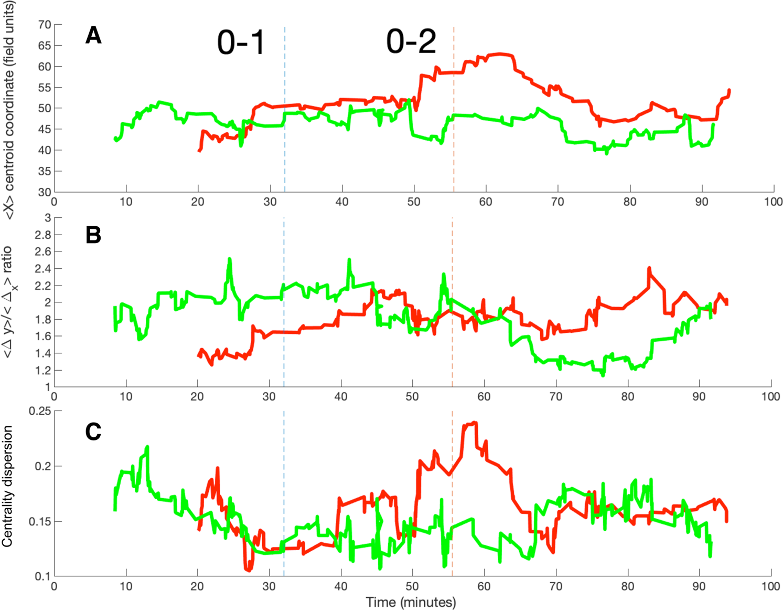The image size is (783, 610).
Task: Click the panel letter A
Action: pyautogui.click(x=93, y=36)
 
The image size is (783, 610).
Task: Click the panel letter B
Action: pyautogui.click(x=93, y=235)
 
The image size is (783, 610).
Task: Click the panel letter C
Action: pyautogui.click(x=93, y=432)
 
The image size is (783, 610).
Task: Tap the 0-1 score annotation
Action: pyautogui.click(x=241, y=43)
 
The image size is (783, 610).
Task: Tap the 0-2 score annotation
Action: pyautogui.click(x=411, y=41)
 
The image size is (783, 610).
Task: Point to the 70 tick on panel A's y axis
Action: pyautogui.click(x=45, y=25)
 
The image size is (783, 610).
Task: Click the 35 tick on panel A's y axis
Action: pyautogui.click(x=45, y=171)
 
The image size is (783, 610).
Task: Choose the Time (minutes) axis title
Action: pyautogui.click(x=411, y=602)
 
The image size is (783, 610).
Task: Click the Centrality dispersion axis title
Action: pyautogui.click(x=7, y=486)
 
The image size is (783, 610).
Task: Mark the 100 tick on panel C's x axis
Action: pyautogui.click(x=770, y=586)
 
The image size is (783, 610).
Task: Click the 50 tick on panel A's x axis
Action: pyautogui.click(x=414, y=202)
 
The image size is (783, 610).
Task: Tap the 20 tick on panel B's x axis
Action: pyautogui.click(x=197, y=397)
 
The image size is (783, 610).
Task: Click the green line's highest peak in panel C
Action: pyautogui.click(x=147, y=447)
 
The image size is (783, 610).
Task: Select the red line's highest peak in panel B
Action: pyautogui.click(x=649, y=268)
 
